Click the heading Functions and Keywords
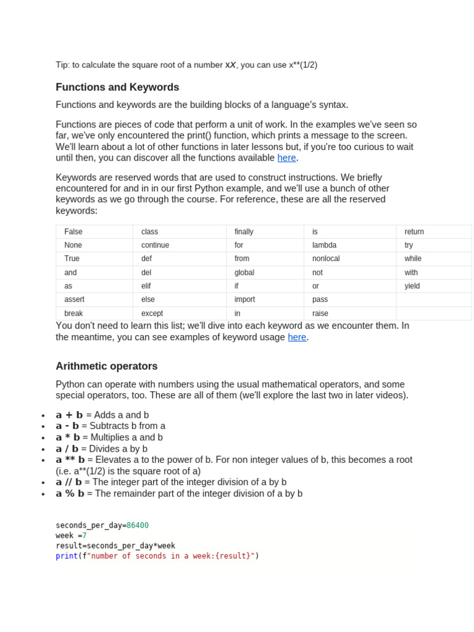click(117, 88)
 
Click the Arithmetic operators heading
click(107, 366)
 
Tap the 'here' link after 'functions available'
click(286, 158)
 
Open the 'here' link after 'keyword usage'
click(297, 337)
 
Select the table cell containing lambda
click(324, 245)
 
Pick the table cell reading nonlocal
click(326, 259)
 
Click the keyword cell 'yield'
click(412, 286)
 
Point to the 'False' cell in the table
click(73, 231)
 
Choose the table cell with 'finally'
click(244, 231)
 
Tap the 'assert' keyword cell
click(75, 299)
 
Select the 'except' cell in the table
click(152, 313)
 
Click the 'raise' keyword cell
click(320, 313)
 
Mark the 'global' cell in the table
click(244, 272)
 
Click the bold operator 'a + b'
click(69, 415)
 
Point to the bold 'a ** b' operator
click(70, 460)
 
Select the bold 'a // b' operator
click(69, 482)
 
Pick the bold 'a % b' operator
click(70, 494)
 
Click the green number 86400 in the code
click(138, 525)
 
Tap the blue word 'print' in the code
click(67, 556)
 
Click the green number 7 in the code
click(85, 536)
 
